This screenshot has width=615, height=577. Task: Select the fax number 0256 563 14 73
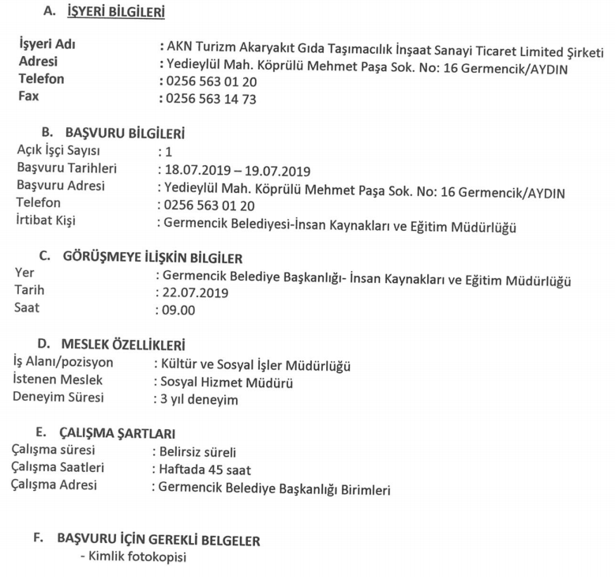coord(211,99)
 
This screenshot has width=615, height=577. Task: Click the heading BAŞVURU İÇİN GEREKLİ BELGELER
coord(159,541)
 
